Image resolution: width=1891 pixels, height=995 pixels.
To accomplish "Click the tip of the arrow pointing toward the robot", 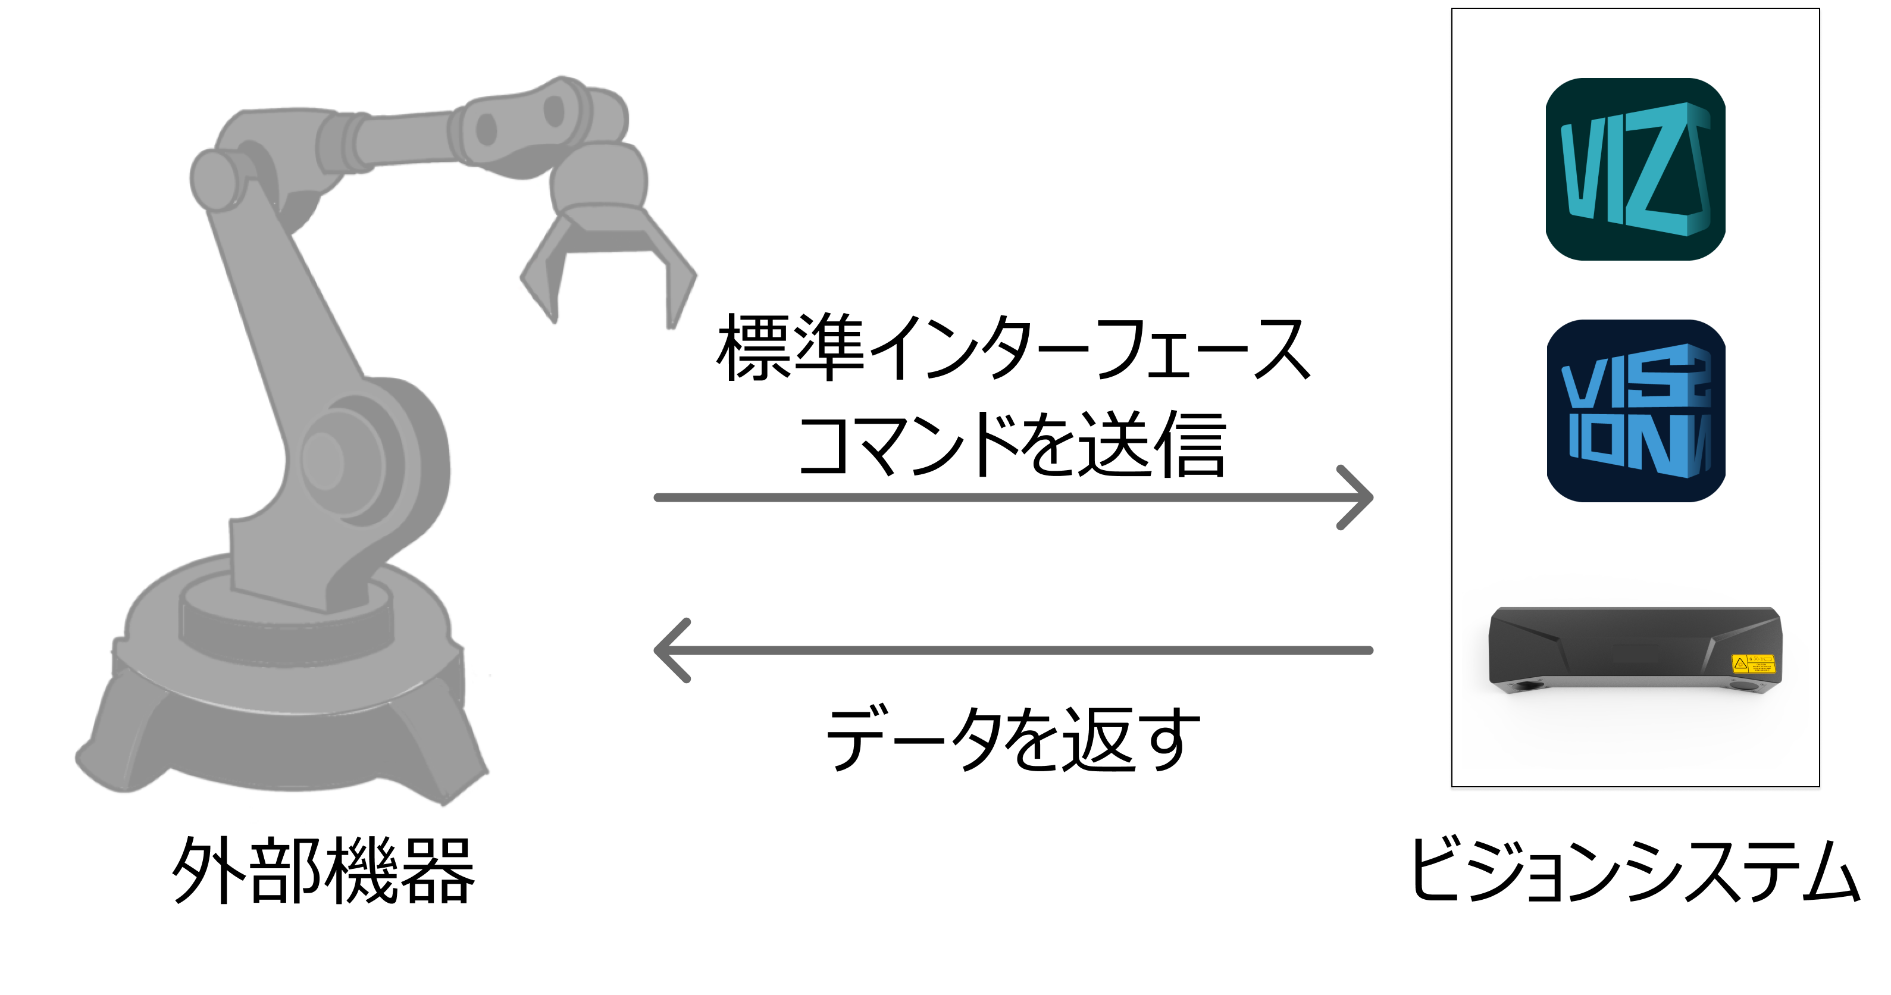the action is pos(656,650).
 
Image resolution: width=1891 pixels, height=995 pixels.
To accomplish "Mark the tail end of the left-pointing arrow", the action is pos(1370,650).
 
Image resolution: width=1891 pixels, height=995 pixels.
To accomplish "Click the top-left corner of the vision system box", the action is pos(1452,9).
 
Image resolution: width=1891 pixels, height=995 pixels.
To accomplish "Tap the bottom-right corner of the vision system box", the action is pos(1820,787).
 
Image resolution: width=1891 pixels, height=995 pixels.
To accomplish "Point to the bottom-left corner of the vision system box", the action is pos(1452,787).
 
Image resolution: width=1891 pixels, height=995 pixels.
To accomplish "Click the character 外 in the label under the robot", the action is pos(208,870).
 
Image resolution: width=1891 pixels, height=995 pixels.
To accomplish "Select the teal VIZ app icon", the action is pos(1636,169).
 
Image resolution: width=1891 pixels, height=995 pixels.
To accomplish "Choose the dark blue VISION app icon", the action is pos(1636,411).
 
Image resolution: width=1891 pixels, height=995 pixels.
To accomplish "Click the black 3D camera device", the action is pos(1636,650).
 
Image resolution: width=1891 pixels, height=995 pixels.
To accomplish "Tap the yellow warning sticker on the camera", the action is pos(1752,664).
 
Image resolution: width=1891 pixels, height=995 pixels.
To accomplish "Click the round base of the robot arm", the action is pos(283,690).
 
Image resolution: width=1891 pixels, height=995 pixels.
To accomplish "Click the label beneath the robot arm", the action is pos(324,870).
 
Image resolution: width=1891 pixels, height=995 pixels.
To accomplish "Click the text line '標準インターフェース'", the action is pos(1013,348).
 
